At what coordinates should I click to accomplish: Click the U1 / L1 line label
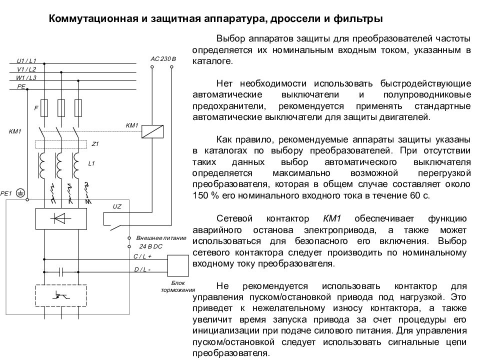26,60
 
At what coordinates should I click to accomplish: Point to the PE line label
21,86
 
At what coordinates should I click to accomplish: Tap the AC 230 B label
163,59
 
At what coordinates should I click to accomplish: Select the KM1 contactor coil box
152,131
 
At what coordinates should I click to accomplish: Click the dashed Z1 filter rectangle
61,144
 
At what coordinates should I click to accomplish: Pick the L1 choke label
91,163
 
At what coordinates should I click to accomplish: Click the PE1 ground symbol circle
20,193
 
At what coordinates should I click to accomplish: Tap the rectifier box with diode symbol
61,218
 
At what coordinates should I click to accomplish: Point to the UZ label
117,206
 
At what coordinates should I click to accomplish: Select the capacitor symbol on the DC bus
61,271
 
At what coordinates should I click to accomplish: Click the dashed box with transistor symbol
61,295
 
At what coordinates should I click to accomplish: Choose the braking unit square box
178,265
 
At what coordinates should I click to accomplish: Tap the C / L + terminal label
142,256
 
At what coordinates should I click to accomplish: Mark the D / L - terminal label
142,269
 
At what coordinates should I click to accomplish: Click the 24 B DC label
150,246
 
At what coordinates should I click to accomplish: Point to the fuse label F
36,108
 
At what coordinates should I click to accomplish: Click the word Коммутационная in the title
93,18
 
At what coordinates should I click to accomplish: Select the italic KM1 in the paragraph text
332,218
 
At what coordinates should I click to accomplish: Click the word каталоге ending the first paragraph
212,61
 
